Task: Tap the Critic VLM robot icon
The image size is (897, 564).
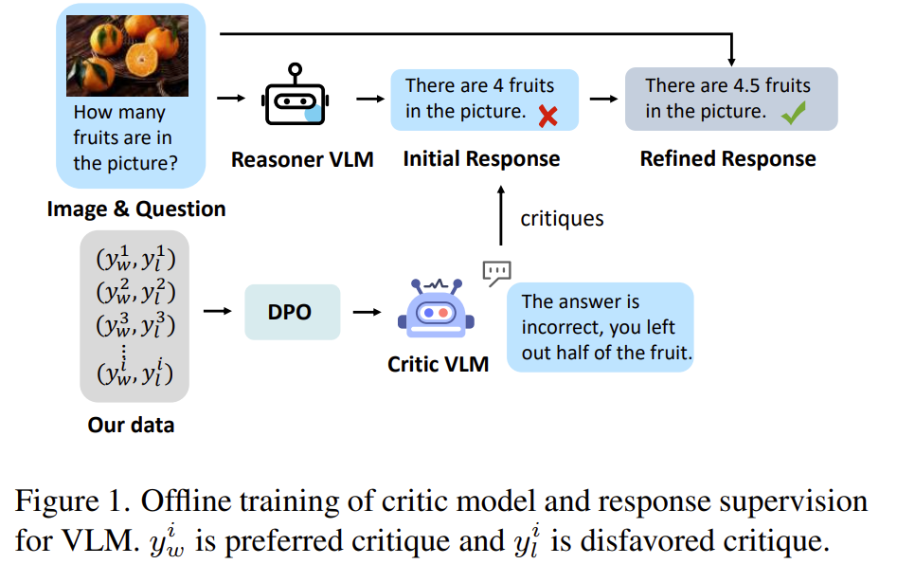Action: click(x=438, y=311)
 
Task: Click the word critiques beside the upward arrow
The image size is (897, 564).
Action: click(x=562, y=219)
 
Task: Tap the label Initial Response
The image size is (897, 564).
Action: click(x=481, y=158)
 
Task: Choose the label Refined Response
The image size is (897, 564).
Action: click(x=727, y=158)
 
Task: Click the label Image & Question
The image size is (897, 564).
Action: click(x=136, y=209)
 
